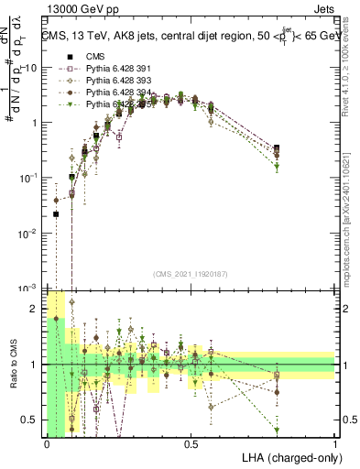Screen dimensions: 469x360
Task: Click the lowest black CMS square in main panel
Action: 56,214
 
